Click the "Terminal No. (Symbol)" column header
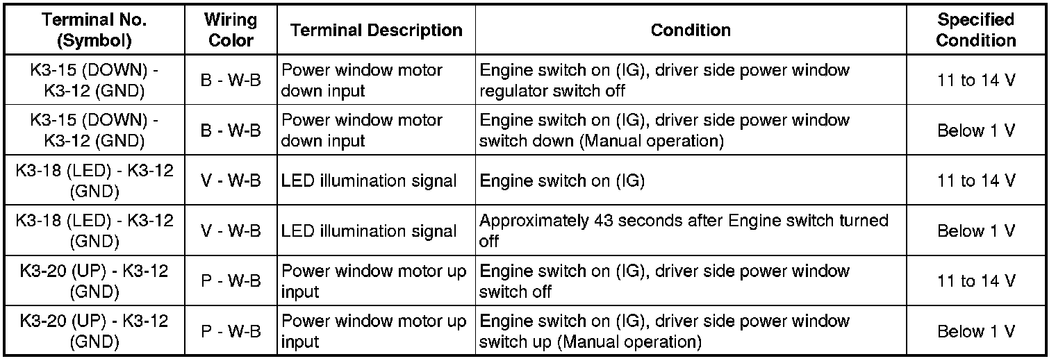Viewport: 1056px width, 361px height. [x=94, y=30]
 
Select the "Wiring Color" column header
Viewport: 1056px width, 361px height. [x=231, y=30]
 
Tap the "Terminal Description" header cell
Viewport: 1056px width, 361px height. [x=377, y=30]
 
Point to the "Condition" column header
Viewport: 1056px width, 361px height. [x=691, y=30]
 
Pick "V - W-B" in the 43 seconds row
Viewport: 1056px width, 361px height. [x=231, y=230]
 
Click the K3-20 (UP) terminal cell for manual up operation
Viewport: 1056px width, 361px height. [x=94, y=331]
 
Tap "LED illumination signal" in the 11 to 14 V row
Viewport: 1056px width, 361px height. [x=369, y=181]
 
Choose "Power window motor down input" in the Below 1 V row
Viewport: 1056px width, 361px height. [x=362, y=131]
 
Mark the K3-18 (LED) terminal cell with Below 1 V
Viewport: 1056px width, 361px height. [x=94, y=230]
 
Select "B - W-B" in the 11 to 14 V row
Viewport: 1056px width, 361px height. [x=231, y=81]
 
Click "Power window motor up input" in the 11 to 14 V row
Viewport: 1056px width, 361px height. [x=374, y=280]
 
